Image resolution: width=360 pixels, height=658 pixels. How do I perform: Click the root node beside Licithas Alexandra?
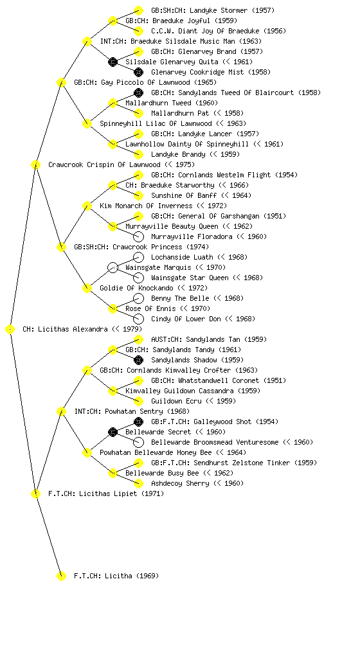pos(10,330)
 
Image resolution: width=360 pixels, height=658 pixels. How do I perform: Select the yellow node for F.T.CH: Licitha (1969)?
pos(61,576)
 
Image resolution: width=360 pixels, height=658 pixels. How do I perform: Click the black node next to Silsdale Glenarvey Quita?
pos(113,62)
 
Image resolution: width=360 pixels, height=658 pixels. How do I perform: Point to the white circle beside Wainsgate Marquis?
pos(113,268)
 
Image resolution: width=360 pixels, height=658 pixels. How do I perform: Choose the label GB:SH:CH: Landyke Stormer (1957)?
pos(213,10)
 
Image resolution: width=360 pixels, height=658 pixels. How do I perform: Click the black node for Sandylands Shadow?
pos(138,360)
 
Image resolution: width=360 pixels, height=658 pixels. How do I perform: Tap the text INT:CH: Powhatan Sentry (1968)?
pos(132,412)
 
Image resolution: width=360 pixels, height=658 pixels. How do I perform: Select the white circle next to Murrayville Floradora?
pos(138,236)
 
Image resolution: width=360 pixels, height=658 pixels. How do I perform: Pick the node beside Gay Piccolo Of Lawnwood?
pos(61,83)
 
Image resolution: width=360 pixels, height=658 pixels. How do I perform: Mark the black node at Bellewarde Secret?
pos(113,432)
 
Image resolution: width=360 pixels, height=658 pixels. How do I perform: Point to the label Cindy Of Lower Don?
pos(186,319)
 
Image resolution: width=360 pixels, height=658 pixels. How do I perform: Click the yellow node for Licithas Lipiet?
pos(35,494)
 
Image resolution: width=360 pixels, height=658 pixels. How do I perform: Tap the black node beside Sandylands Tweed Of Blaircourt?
pos(138,93)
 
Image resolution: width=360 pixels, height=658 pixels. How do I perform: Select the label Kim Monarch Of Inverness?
pos(146,206)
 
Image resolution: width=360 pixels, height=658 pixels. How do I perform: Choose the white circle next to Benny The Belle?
pos(138,298)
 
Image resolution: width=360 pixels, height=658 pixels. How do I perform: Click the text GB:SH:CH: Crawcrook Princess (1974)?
pos(141,247)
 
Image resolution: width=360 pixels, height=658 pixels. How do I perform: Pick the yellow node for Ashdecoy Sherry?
pos(138,483)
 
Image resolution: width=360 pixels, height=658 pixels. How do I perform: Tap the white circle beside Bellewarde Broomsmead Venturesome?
pos(138,442)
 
